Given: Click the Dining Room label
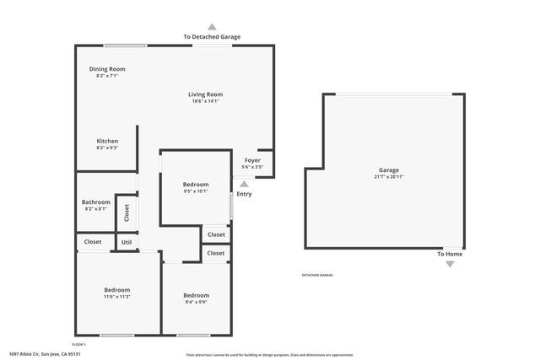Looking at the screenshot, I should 107,68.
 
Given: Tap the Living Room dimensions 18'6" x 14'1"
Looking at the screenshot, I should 205,101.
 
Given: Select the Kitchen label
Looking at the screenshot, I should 107,141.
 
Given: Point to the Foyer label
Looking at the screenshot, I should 252,160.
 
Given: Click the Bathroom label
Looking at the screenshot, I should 95,202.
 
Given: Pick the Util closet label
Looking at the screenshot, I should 127,242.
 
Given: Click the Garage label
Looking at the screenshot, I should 388,169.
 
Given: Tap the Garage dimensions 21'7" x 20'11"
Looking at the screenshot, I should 388,177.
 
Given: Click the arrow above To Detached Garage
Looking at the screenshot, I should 212,27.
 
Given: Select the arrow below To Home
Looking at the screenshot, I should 449,264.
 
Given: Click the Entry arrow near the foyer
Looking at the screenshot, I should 244,183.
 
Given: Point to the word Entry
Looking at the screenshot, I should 244,194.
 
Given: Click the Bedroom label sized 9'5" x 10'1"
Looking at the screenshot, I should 196,184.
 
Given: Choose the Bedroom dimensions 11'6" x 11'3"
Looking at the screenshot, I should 116,297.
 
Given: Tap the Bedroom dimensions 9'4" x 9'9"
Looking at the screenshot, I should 196,303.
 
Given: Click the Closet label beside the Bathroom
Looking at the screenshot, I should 127,213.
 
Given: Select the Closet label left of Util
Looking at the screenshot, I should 92,242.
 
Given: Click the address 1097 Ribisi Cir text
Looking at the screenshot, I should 44,354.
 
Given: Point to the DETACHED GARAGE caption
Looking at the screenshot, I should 317,275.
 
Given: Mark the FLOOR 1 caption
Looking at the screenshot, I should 78,344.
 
